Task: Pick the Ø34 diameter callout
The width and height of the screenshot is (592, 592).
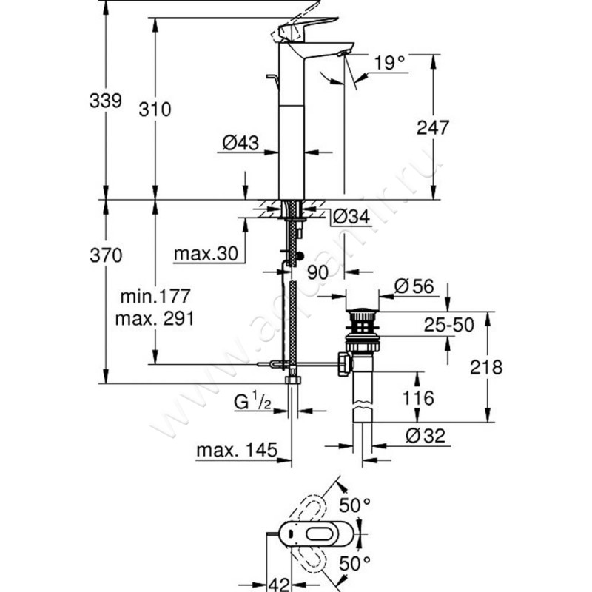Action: tap(351, 217)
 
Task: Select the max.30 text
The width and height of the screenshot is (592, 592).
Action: tap(205, 254)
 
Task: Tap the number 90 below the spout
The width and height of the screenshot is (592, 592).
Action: tap(317, 272)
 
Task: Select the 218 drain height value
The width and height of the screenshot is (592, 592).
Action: tap(486, 368)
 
